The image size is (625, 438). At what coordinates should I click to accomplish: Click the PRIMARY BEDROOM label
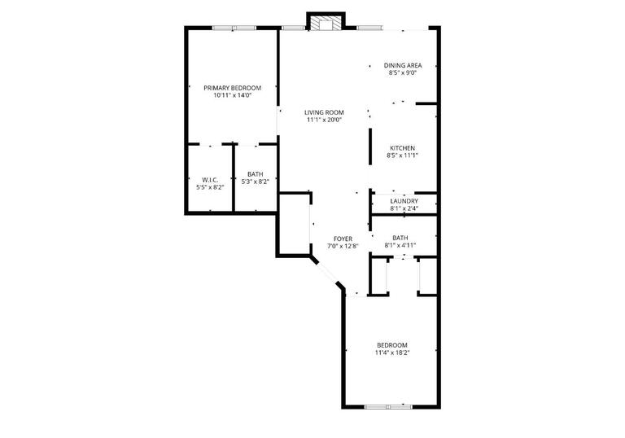tap(232, 87)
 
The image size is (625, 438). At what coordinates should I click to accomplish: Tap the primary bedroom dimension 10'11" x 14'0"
tap(232, 95)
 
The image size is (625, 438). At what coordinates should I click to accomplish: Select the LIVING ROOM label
tap(324, 112)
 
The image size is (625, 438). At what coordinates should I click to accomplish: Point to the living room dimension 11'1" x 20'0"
tap(324, 120)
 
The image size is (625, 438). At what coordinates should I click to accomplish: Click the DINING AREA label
tap(404, 65)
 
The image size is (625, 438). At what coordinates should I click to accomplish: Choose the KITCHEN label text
tap(403, 147)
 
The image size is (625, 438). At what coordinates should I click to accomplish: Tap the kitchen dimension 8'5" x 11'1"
tap(403, 155)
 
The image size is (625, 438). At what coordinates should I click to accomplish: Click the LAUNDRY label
tap(404, 201)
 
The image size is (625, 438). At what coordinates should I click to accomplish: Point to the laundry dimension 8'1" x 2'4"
tap(404, 208)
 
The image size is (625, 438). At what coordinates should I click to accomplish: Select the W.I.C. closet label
tap(210, 179)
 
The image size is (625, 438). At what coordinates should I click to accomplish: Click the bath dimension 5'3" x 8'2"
tap(256, 182)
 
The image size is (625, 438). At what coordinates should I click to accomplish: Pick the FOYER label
tap(343, 238)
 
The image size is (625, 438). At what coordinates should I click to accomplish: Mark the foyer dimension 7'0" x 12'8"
tap(343, 246)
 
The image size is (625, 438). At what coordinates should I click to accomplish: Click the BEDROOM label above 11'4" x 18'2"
tap(391, 344)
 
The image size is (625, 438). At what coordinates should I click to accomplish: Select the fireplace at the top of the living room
tap(326, 23)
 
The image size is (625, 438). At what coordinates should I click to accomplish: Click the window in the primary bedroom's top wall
tap(234, 28)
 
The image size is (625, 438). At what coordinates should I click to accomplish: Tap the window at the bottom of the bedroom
tap(388, 405)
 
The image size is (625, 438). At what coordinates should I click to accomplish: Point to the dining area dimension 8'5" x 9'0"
tap(404, 73)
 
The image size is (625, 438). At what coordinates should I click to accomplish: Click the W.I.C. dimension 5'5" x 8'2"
tap(210, 187)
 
